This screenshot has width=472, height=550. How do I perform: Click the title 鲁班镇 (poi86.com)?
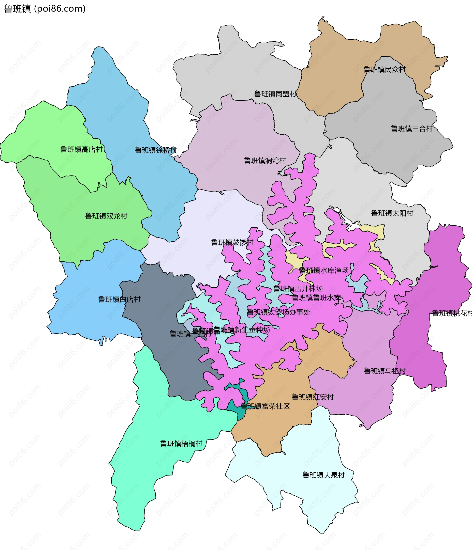(44, 9)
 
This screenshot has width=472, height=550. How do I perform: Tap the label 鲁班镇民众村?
(384, 70)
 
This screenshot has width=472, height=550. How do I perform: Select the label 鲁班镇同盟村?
(275, 94)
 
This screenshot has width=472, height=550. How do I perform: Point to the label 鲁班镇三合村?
(412, 129)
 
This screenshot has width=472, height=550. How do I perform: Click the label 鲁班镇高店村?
(81, 149)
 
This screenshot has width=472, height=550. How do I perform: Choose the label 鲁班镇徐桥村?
(156, 150)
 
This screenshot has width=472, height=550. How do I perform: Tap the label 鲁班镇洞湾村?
(265, 161)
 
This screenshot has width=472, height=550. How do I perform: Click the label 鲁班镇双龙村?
(106, 216)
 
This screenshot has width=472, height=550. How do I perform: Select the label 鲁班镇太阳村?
(392, 213)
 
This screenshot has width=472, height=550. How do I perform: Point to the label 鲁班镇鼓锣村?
(232, 242)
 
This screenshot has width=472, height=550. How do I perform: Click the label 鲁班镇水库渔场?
(324, 270)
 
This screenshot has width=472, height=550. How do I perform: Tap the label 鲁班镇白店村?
(119, 299)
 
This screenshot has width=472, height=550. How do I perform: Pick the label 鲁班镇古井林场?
(298, 289)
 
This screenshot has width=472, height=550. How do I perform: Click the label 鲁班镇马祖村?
(384, 371)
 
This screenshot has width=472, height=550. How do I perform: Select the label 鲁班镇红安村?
(312, 397)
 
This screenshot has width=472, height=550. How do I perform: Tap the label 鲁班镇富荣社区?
(265, 406)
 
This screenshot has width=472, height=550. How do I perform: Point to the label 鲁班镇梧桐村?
(181, 443)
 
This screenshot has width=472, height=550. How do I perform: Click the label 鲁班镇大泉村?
(324, 475)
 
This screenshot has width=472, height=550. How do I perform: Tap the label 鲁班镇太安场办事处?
(279, 312)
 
